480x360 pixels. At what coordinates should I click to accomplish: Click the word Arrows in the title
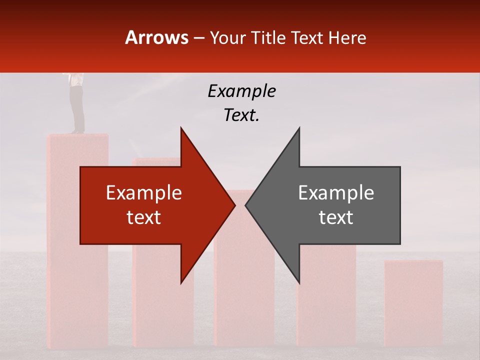157,37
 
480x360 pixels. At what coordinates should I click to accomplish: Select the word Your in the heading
228,38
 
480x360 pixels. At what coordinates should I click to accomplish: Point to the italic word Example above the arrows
241,91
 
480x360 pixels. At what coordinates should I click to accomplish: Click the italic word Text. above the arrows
241,115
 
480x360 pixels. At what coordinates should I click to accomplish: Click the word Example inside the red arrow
144,193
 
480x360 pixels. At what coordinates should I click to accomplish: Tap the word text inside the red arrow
144,217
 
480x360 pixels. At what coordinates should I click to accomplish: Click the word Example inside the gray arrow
336,193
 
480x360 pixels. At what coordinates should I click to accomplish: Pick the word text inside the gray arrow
336,217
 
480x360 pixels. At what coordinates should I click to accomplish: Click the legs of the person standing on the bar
77,107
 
